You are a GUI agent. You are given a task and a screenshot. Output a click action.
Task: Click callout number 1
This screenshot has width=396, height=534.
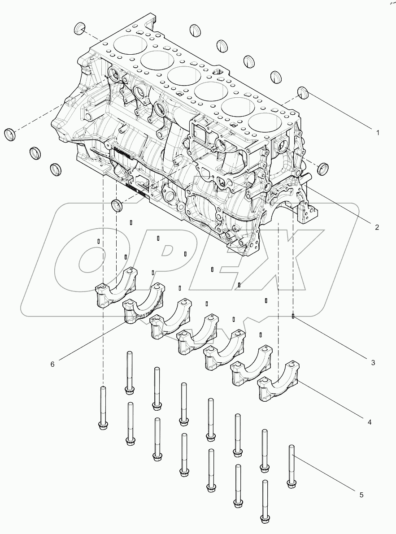click(x=378, y=133)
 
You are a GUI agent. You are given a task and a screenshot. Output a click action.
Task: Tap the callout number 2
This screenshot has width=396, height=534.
click(x=377, y=227)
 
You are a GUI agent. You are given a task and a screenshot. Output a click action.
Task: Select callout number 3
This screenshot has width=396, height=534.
click(x=373, y=362)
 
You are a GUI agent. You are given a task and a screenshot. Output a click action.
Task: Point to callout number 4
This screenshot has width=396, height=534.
click(x=369, y=422)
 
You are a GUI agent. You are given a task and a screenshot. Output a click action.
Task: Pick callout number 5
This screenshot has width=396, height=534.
click(x=361, y=495)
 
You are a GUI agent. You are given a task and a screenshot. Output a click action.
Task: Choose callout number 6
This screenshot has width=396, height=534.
click(x=52, y=364)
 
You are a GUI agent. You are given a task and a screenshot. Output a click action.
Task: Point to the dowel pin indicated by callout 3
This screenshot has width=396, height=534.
click(x=292, y=317)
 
